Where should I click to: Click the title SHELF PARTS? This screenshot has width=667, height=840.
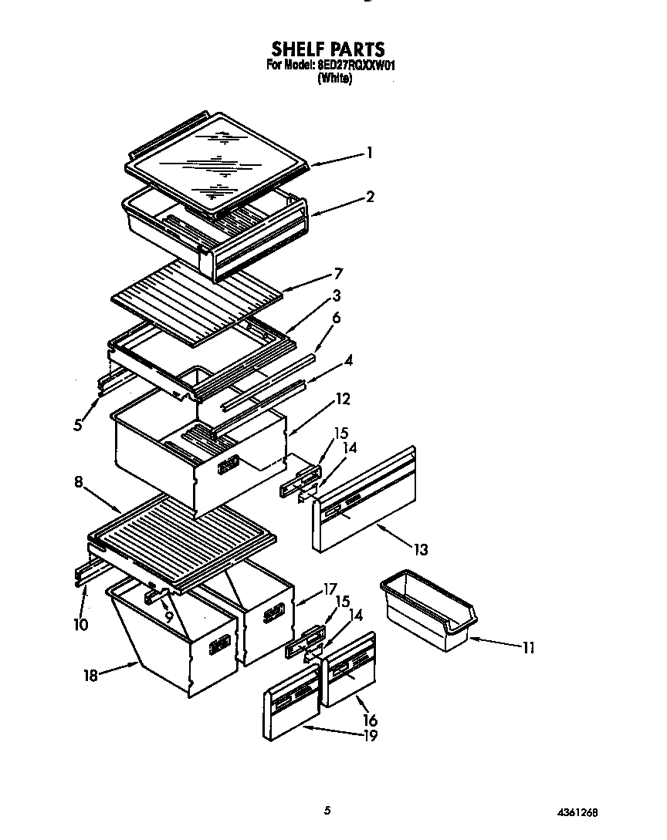328,50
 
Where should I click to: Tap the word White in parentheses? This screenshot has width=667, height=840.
334,79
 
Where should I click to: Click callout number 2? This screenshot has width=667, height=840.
370,197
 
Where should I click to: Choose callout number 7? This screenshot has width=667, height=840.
337,274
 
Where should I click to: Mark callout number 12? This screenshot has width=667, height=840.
343,400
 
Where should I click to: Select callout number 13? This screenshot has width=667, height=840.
420,550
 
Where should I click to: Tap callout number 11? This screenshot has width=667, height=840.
527,648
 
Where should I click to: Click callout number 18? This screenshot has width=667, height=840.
91,675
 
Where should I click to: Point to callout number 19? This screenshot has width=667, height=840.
370,735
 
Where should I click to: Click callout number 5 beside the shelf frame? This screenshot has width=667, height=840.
78,425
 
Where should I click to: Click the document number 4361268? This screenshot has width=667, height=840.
576,812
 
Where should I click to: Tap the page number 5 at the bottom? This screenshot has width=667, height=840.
327,810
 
